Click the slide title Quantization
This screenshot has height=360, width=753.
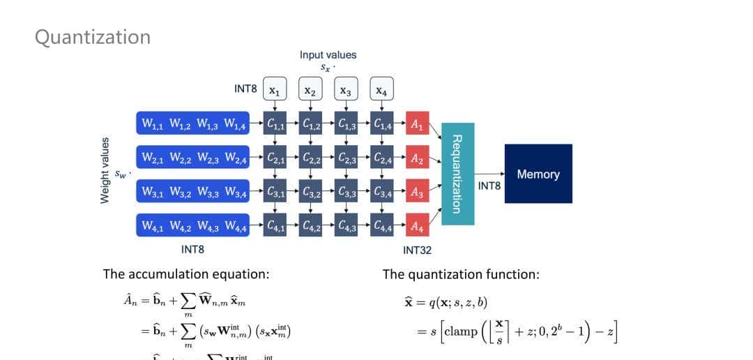pos(93,37)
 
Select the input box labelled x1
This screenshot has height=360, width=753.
pos(275,91)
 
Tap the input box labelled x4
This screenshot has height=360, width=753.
pos(381,91)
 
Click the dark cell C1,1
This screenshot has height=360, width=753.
pos(275,124)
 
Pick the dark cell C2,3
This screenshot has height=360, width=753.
pos(347,158)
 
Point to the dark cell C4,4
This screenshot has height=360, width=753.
pos(382,225)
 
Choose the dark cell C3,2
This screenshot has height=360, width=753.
pos(311,192)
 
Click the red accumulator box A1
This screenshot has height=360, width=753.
pos(416,125)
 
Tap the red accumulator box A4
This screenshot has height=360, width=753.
pos(416,225)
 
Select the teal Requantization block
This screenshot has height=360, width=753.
pos(457,174)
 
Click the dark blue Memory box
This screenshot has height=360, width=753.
pos(538,174)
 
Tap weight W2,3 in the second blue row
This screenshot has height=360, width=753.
pos(208,158)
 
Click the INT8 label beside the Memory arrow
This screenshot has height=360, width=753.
pos(489,186)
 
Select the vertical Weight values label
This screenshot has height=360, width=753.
pos(105,171)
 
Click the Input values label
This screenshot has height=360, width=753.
pos(328,54)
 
